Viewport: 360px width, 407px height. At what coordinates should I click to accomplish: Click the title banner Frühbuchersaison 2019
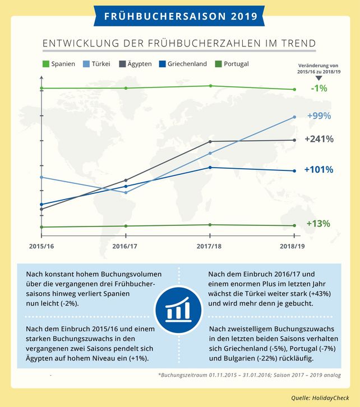pos(180,15)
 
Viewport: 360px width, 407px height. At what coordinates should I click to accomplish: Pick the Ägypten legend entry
pos(135,64)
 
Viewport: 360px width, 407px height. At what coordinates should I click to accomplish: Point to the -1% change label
pos(319,88)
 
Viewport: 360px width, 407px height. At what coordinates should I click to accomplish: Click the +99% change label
pos(319,116)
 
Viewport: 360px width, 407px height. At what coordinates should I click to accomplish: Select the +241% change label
pos(319,139)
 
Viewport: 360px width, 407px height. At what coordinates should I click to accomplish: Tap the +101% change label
pos(319,169)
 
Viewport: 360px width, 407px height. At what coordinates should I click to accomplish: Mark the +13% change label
pos(319,223)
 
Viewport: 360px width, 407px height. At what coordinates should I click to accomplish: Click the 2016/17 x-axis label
pos(126,246)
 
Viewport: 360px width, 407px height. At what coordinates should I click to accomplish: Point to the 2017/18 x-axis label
pos(210,246)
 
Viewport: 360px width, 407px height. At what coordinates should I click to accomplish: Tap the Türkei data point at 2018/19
pos(294,117)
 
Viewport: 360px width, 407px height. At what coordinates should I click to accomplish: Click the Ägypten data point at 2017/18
pos(210,141)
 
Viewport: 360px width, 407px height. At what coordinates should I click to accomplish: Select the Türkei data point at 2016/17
pos(126,192)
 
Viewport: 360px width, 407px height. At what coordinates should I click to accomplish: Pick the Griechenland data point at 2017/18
pos(210,167)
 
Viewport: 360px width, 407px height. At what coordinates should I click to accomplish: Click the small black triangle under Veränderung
pos(319,78)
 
